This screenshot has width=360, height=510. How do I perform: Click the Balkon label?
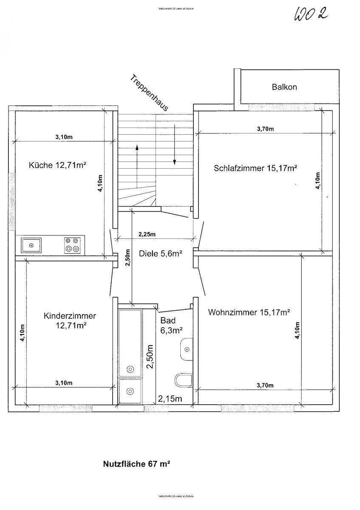pos(284,87)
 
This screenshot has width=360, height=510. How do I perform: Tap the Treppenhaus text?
pos(149,93)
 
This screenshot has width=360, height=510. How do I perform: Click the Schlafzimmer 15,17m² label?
pos(255,168)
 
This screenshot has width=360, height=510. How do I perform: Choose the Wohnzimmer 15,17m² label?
pos(249,313)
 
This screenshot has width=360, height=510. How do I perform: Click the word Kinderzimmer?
pos(70,316)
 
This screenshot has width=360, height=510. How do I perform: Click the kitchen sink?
pos(31,245)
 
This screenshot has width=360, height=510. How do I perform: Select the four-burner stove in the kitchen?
pos(72,245)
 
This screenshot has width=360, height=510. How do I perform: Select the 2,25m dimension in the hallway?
pos(147,234)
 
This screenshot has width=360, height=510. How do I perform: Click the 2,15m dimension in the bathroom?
pos(170,399)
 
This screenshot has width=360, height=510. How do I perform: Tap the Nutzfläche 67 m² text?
pos(136,464)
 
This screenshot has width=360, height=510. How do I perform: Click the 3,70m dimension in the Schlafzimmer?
pos(266,129)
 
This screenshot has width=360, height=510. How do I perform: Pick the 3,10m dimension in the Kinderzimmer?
pos(64,383)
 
